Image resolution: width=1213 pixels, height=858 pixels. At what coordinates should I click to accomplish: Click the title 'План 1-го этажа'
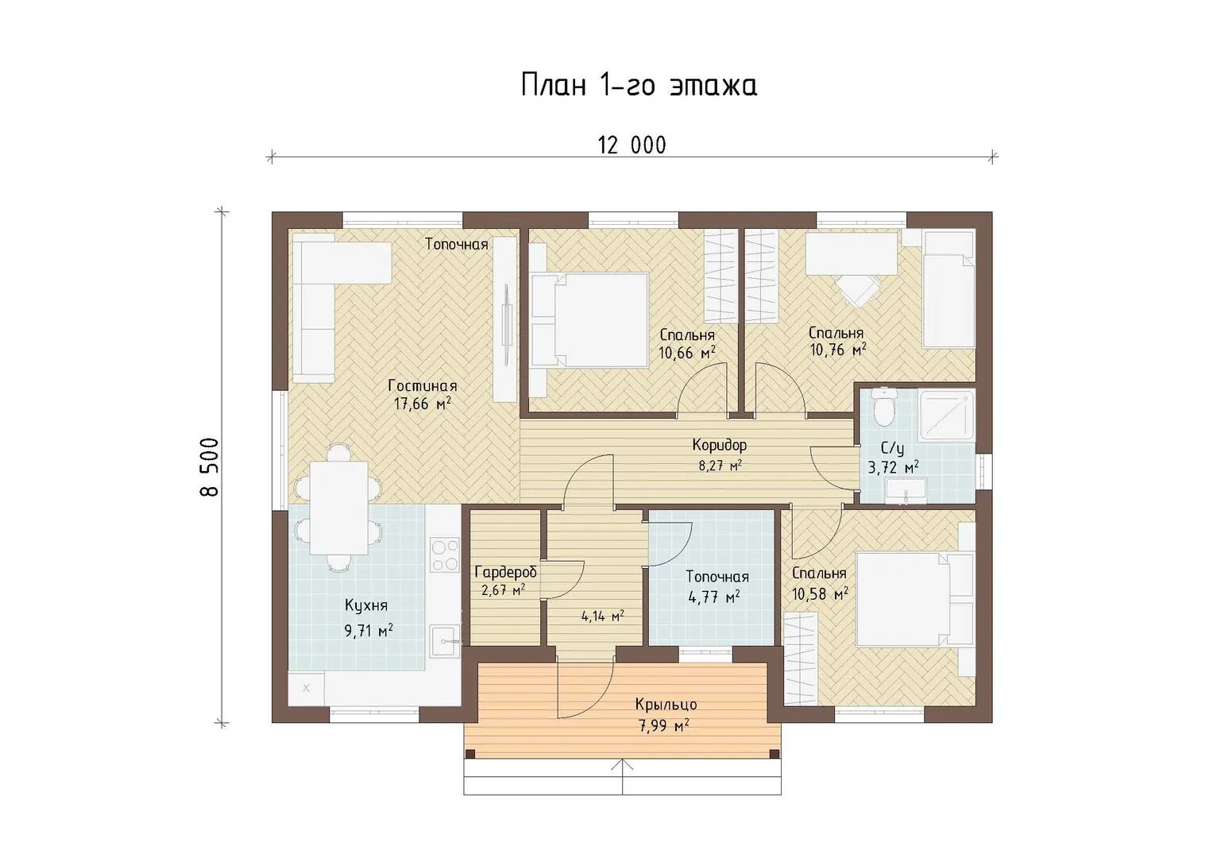click(x=639, y=86)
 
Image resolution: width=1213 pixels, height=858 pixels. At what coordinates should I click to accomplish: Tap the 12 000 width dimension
click(x=632, y=145)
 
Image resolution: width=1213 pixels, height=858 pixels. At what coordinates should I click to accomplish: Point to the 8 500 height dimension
click(x=210, y=467)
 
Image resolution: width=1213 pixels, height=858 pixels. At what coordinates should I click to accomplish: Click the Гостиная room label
click(x=423, y=386)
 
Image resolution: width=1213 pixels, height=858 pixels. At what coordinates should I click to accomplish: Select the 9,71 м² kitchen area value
click(x=369, y=630)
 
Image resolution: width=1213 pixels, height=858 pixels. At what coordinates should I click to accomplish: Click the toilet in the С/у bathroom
click(x=884, y=408)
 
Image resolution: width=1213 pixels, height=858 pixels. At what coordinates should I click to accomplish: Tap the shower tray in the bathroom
click(x=947, y=416)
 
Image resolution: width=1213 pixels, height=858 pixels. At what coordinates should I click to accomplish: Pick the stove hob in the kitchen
click(x=445, y=555)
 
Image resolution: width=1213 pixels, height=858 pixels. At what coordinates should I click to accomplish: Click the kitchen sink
click(x=446, y=641)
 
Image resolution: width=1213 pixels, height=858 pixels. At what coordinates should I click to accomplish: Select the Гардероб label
click(x=506, y=572)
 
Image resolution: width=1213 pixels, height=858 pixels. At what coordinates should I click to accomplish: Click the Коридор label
click(x=719, y=445)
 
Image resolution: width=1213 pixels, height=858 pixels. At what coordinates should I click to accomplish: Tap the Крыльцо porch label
click(x=666, y=705)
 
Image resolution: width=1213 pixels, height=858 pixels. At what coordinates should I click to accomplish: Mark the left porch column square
click(x=470, y=753)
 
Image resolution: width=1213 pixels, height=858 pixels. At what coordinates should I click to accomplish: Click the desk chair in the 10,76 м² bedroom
click(x=858, y=290)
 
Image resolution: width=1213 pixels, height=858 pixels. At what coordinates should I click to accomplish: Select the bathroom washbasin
click(x=906, y=491)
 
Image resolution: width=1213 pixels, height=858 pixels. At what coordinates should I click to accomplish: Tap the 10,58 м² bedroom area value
click(x=819, y=594)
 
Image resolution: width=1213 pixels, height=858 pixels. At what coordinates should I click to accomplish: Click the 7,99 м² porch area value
click(x=664, y=726)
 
